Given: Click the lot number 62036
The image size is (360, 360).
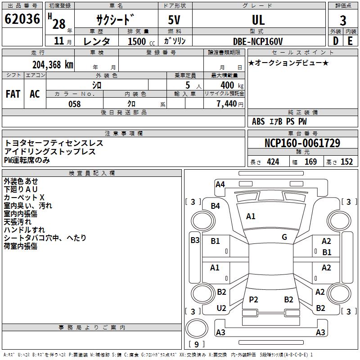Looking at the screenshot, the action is point(22,19).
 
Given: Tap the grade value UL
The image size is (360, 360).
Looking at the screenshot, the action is point(258,20).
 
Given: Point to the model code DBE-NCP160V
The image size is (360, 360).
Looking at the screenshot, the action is point(258,41).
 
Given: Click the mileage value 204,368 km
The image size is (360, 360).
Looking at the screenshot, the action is point(53,64).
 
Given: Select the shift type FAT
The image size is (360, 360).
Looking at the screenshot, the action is point(13,94).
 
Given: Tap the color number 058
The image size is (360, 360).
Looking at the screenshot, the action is point(74,104).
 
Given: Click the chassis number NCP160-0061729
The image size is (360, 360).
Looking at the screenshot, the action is point(302,144).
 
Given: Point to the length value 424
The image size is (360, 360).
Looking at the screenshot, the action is point(273,162).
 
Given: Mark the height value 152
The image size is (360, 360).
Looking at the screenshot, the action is point(346,162).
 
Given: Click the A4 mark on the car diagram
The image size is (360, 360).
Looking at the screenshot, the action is point(220,184).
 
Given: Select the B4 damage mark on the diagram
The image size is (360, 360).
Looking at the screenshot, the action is point(216,206).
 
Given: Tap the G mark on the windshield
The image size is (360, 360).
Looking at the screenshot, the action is point(284,237).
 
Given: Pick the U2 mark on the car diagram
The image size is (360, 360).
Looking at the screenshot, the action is point(221,308).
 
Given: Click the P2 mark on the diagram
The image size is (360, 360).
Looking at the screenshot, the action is point(254,299).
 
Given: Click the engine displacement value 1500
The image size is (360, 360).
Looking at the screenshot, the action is point(137,41).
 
